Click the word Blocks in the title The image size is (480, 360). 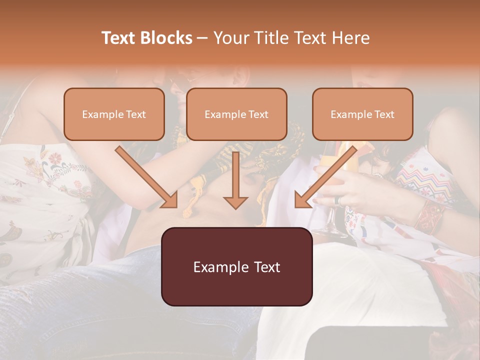pos(166,38)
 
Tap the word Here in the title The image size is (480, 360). pos(350,38)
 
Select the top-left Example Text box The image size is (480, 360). pos(114,114)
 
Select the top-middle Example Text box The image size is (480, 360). pos(236,114)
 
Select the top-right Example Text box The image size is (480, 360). pos(362,114)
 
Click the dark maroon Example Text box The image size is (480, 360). pos(236,266)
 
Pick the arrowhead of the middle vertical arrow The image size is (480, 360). pos(235,202)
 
